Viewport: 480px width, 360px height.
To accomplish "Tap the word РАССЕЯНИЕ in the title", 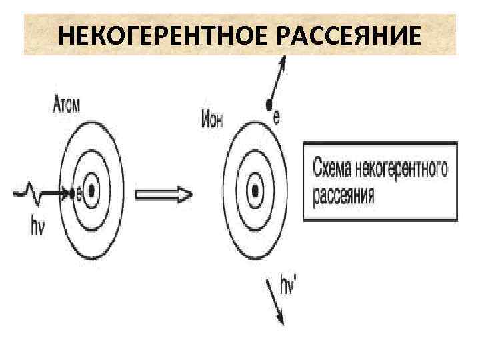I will pos(353,35).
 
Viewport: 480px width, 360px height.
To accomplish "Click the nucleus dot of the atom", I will pos(91,192).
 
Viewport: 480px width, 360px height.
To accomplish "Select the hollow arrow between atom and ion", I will pos(164,194).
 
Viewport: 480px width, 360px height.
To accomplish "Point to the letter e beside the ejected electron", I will pos(277,117).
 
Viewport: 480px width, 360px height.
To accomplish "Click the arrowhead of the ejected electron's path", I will pos(284,61).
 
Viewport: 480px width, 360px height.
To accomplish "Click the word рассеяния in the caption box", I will pos(343,196).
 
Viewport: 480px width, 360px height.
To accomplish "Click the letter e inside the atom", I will pos(79,193).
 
